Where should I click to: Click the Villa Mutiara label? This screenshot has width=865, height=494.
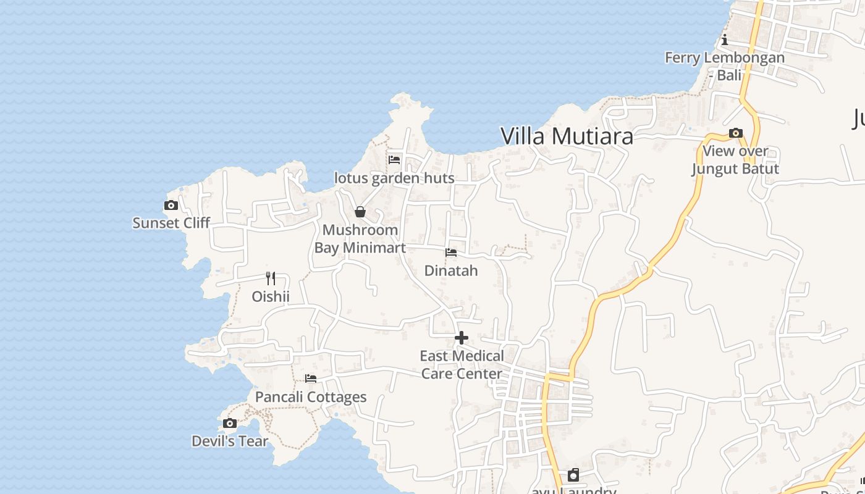click(x=567, y=136)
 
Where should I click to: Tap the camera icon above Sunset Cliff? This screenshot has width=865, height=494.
click(x=171, y=206)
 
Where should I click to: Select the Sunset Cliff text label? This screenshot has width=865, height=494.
click(x=171, y=223)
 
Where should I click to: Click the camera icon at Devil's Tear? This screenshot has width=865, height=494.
click(x=230, y=424)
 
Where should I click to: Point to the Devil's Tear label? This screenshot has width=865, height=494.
click(x=230, y=442)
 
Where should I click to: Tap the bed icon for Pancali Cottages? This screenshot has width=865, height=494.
click(x=311, y=379)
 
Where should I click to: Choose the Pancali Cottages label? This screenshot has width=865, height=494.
click(x=311, y=397)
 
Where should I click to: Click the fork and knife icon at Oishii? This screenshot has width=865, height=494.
click(x=271, y=278)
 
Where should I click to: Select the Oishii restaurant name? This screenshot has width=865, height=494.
click(x=271, y=297)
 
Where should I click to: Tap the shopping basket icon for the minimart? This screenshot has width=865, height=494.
click(x=360, y=212)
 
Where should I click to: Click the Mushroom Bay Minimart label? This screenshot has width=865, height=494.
click(x=360, y=239)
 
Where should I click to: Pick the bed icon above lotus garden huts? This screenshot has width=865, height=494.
click(x=394, y=160)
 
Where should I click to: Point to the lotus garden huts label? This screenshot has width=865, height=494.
click(x=394, y=178)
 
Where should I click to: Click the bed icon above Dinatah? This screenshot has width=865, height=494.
click(x=451, y=253)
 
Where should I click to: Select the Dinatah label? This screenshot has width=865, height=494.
click(x=451, y=271)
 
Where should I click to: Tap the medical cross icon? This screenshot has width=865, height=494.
click(x=462, y=338)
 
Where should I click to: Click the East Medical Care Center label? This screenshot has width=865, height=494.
click(x=462, y=365)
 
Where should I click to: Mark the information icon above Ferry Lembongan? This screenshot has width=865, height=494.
click(x=725, y=41)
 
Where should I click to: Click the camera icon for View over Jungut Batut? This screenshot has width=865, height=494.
click(x=735, y=133)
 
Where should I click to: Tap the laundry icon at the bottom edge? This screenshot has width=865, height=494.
click(x=573, y=475)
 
